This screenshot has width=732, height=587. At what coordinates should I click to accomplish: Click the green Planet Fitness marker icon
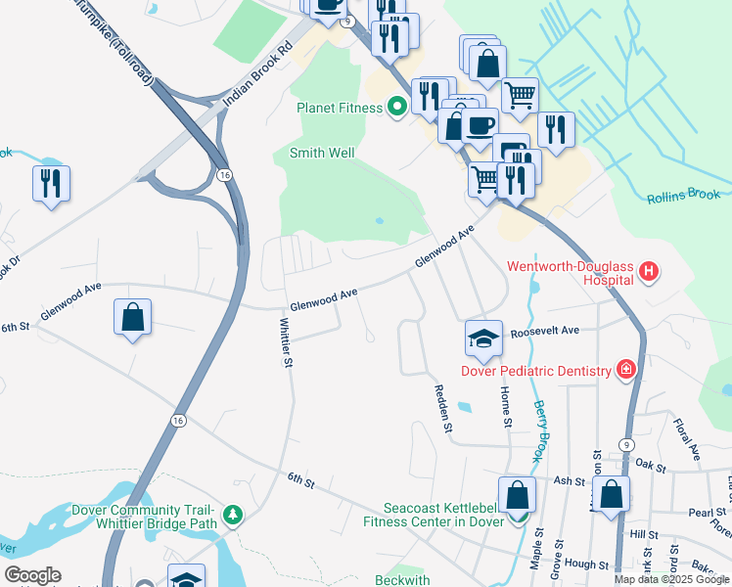point(396,107)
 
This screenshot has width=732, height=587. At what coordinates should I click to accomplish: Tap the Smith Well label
point(321,154)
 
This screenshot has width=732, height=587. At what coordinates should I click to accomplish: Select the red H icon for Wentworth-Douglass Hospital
point(647,271)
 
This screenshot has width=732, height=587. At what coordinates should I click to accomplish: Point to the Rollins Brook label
point(683,197)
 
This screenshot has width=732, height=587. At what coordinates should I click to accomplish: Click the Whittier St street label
point(287,342)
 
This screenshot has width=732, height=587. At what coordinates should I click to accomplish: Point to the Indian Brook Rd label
point(258,74)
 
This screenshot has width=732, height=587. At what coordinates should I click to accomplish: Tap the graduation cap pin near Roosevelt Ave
point(483,338)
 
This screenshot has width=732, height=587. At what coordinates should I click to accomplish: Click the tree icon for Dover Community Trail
point(232,514)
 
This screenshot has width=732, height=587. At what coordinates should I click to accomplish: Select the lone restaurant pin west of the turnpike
point(51,183)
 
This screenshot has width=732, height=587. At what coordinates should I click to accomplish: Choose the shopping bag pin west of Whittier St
point(132,318)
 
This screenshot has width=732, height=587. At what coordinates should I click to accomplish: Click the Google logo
point(32,574)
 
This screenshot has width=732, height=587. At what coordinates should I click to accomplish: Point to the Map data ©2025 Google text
point(670,579)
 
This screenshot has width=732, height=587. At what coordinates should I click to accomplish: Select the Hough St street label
point(587,565)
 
